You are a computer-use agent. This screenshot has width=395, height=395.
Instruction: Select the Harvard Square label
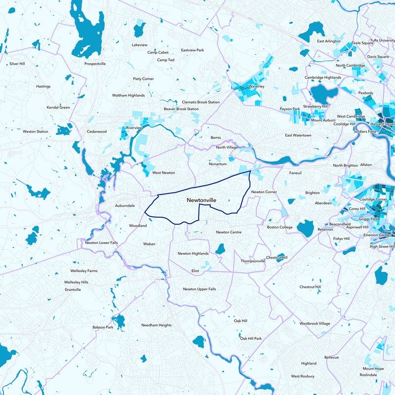(383, 124)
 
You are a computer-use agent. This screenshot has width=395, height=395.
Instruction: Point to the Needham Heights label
(156, 325)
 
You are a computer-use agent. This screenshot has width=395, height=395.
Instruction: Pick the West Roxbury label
(302, 376)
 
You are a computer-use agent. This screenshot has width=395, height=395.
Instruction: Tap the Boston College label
(279, 227)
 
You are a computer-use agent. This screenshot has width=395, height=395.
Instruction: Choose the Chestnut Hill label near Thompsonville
(276, 258)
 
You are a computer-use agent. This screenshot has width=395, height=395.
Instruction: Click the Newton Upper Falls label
(199, 289)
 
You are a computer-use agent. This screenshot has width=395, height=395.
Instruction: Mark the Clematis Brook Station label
(200, 102)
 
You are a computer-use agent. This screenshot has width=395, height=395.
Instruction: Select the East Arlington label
(329, 41)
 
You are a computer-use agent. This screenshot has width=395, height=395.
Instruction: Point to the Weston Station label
(36, 132)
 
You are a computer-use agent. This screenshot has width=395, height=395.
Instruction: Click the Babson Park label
(103, 327)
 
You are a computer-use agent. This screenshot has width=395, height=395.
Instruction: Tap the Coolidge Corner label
(374, 199)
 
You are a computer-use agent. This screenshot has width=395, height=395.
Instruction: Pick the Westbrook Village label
(315, 324)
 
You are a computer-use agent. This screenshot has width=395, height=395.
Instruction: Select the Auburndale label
(124, 205)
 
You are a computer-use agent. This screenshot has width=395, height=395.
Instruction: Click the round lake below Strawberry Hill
(321, 94)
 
